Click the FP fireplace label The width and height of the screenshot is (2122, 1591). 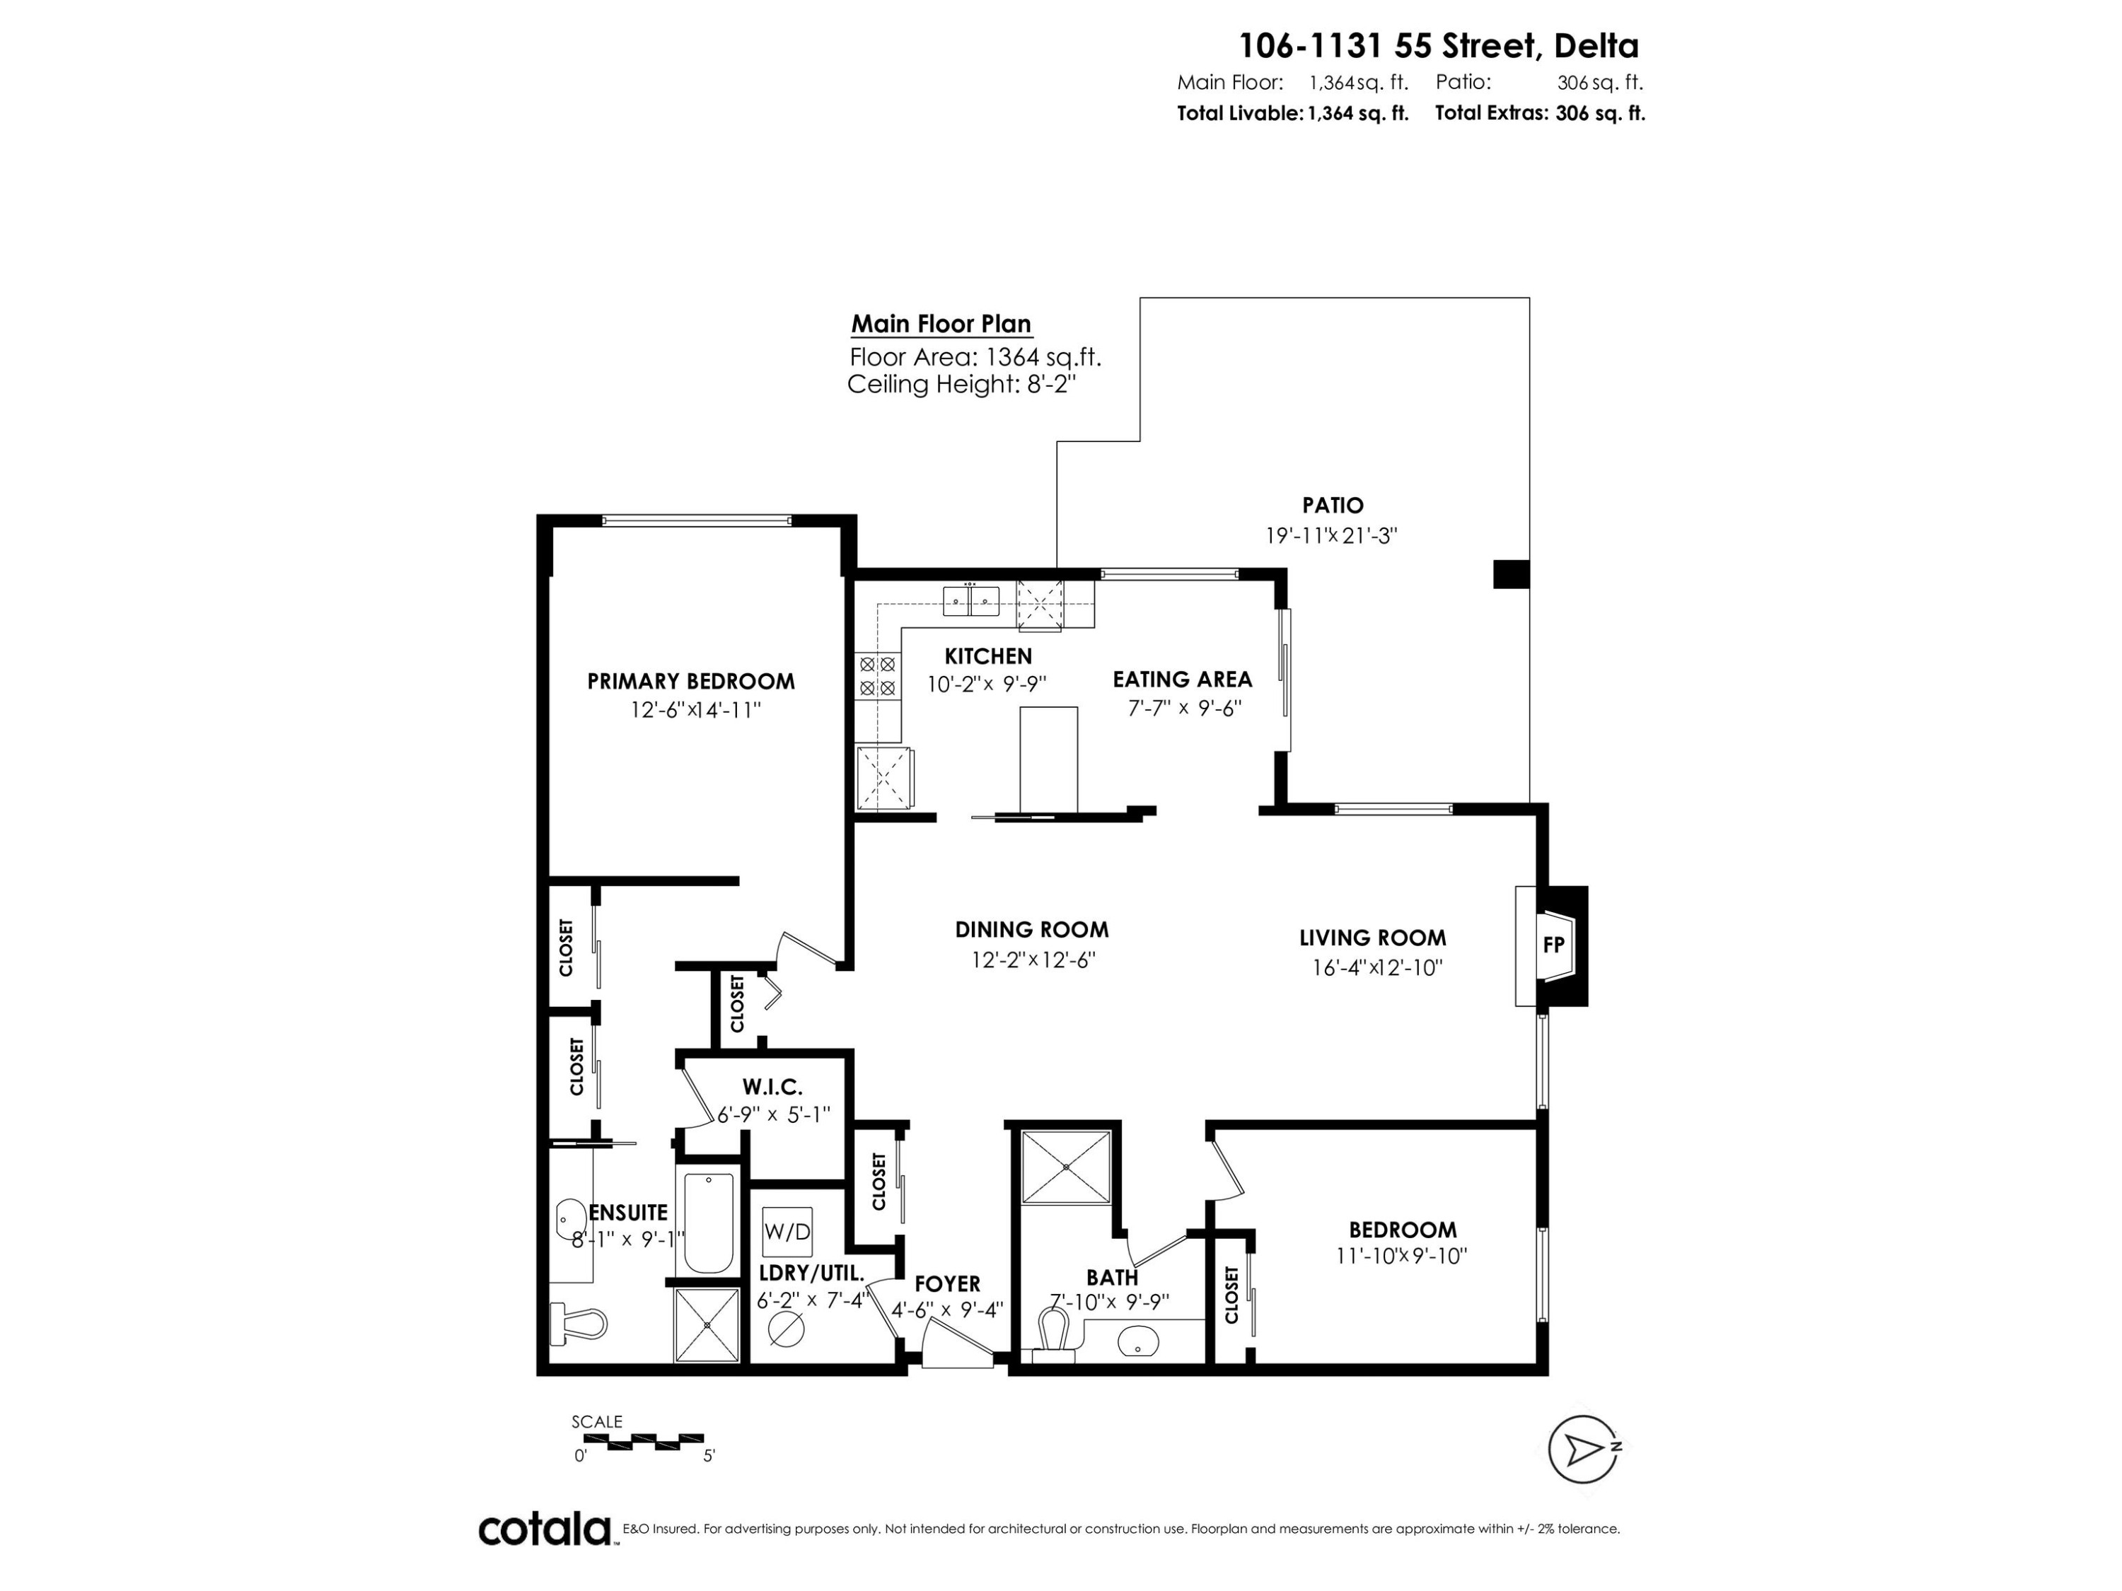(x=1553, y=945)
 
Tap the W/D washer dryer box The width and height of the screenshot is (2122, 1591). (x=787, y=1231)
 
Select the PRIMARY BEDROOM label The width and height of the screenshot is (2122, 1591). (x=690, y=681)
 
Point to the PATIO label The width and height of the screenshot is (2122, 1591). (x=1333, y=504)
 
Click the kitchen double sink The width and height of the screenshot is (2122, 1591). (x=972, y=600)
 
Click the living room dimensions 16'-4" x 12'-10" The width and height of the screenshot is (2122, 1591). (x=1378, y=967)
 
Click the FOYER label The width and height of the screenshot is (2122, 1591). (x=947, y=1283)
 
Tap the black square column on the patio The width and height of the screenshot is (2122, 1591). (x=1511, y=573)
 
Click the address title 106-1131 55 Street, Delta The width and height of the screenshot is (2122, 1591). (x=1439, y=45)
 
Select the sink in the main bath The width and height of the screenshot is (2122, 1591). (x=1137, y=1341)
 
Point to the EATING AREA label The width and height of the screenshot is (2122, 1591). (x=1182, y=679)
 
